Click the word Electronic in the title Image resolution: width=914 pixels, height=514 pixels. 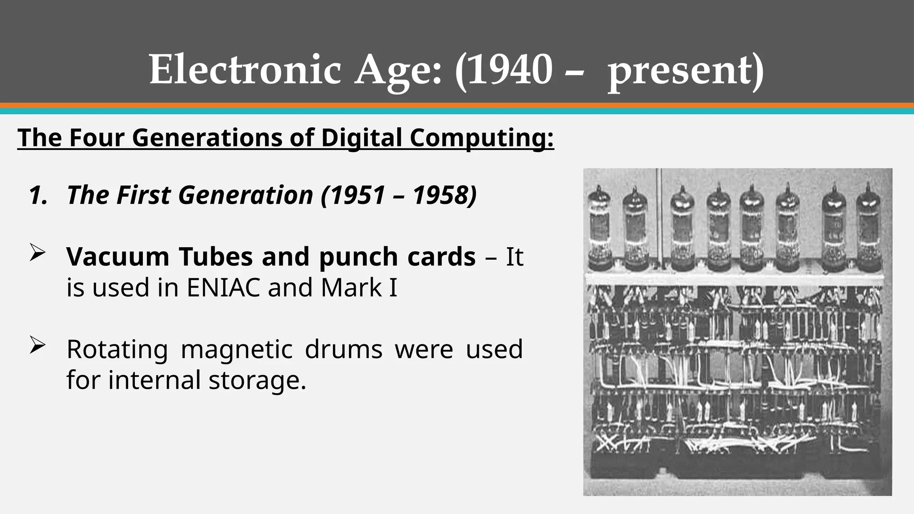coord(245,70)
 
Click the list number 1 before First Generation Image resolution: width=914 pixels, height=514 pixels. coord(37,195)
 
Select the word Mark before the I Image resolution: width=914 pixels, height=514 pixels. coord(351,287)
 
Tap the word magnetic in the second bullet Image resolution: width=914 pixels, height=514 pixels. coord(237,350)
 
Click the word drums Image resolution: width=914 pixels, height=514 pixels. coord(344,349)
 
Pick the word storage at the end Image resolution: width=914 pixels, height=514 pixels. coord(257,380)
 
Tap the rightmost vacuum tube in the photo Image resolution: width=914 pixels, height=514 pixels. coord(868,228)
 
